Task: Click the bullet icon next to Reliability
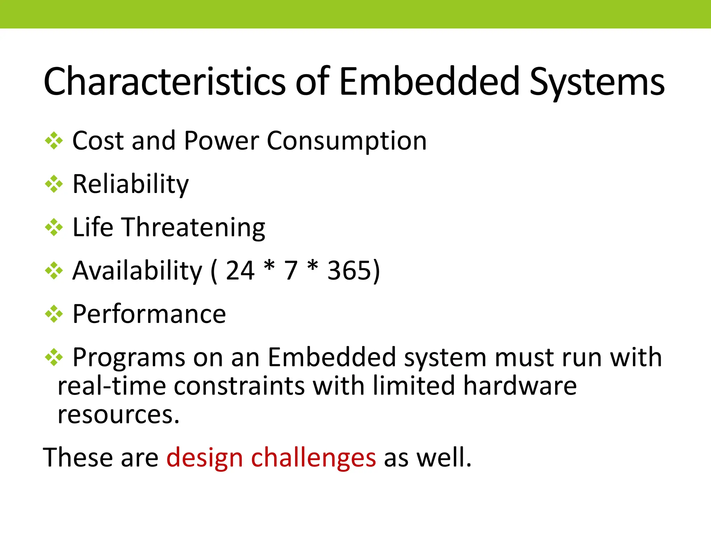54,184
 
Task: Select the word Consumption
346,141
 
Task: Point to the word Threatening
193,227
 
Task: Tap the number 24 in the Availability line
240,270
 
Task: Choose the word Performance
149,314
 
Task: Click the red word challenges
313,458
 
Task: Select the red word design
204,458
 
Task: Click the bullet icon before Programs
54,357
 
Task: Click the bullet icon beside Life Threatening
54,227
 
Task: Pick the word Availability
137,270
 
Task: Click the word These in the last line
78,458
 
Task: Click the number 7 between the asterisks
291,270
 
